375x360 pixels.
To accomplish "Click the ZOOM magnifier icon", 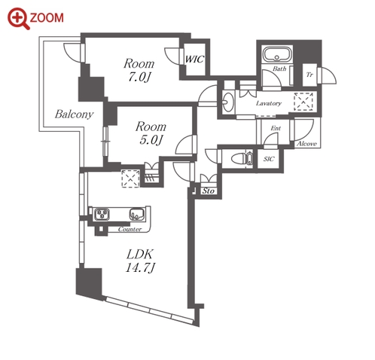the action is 18,19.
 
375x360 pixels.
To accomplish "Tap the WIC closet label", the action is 194,59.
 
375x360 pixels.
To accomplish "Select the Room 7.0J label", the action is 139,70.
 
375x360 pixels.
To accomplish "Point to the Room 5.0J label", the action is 151,133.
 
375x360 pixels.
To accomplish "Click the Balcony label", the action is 74,114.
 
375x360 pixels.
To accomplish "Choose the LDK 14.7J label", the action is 139,261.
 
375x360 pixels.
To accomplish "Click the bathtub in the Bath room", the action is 276,53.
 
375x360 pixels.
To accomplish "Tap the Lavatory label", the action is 268,103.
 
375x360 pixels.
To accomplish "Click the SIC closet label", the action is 269,159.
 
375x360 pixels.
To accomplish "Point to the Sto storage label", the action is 209,191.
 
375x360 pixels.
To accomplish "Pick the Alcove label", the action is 306,144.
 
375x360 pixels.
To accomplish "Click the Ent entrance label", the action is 276,128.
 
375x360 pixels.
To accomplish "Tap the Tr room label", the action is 309,75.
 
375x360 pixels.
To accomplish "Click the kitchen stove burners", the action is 102,214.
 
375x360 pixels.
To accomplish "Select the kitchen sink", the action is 137,214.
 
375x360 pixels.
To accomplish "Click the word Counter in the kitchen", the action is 130,229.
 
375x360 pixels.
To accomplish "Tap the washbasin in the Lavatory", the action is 228,102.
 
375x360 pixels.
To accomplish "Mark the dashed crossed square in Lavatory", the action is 303,102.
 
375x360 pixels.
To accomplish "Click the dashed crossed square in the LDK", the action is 130,178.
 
